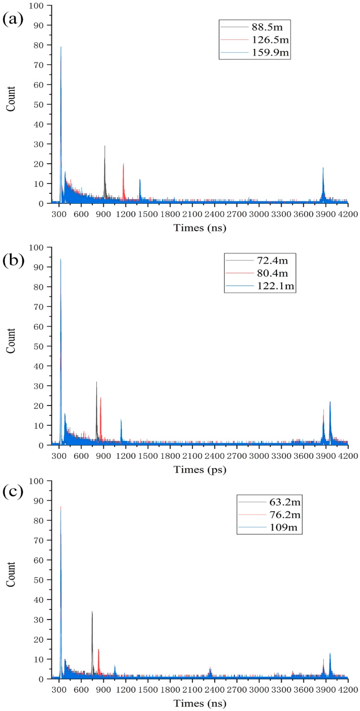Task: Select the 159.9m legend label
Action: pos(270,52)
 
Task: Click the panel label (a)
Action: pos(13,20)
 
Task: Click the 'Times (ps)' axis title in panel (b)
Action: pos(200,470)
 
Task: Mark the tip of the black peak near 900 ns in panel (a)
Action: pos(105,146)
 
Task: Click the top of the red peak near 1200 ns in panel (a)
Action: pos(123,164)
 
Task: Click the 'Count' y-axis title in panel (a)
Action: pos(11,99)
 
